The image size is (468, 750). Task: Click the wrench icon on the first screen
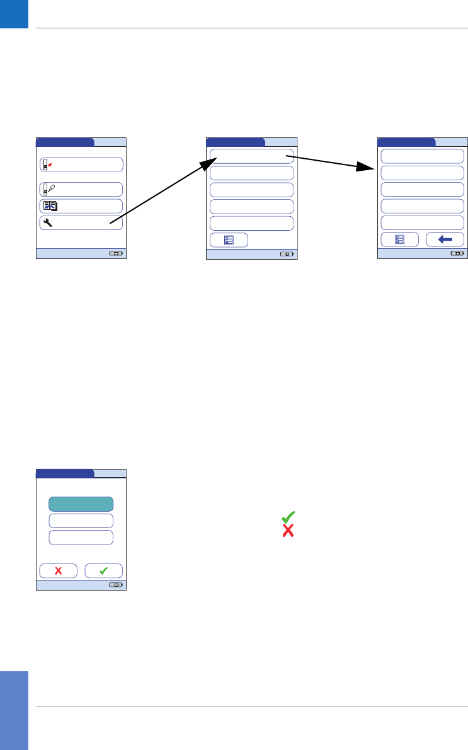47,222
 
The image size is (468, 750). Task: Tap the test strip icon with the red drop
46,165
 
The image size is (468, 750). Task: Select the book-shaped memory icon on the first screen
49,206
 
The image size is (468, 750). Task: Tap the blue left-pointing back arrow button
445,239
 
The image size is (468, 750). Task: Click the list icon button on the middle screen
229,240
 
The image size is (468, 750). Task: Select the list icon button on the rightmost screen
399,239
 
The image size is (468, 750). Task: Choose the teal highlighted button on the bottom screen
81,504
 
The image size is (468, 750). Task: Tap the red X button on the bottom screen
59,571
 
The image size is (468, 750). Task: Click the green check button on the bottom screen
104,571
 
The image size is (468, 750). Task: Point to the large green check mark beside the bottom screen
288,516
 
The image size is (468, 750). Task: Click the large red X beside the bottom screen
288,531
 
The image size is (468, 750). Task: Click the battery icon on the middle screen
287,255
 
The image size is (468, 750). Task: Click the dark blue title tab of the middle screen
236,142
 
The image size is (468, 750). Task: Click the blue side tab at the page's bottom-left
14,710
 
